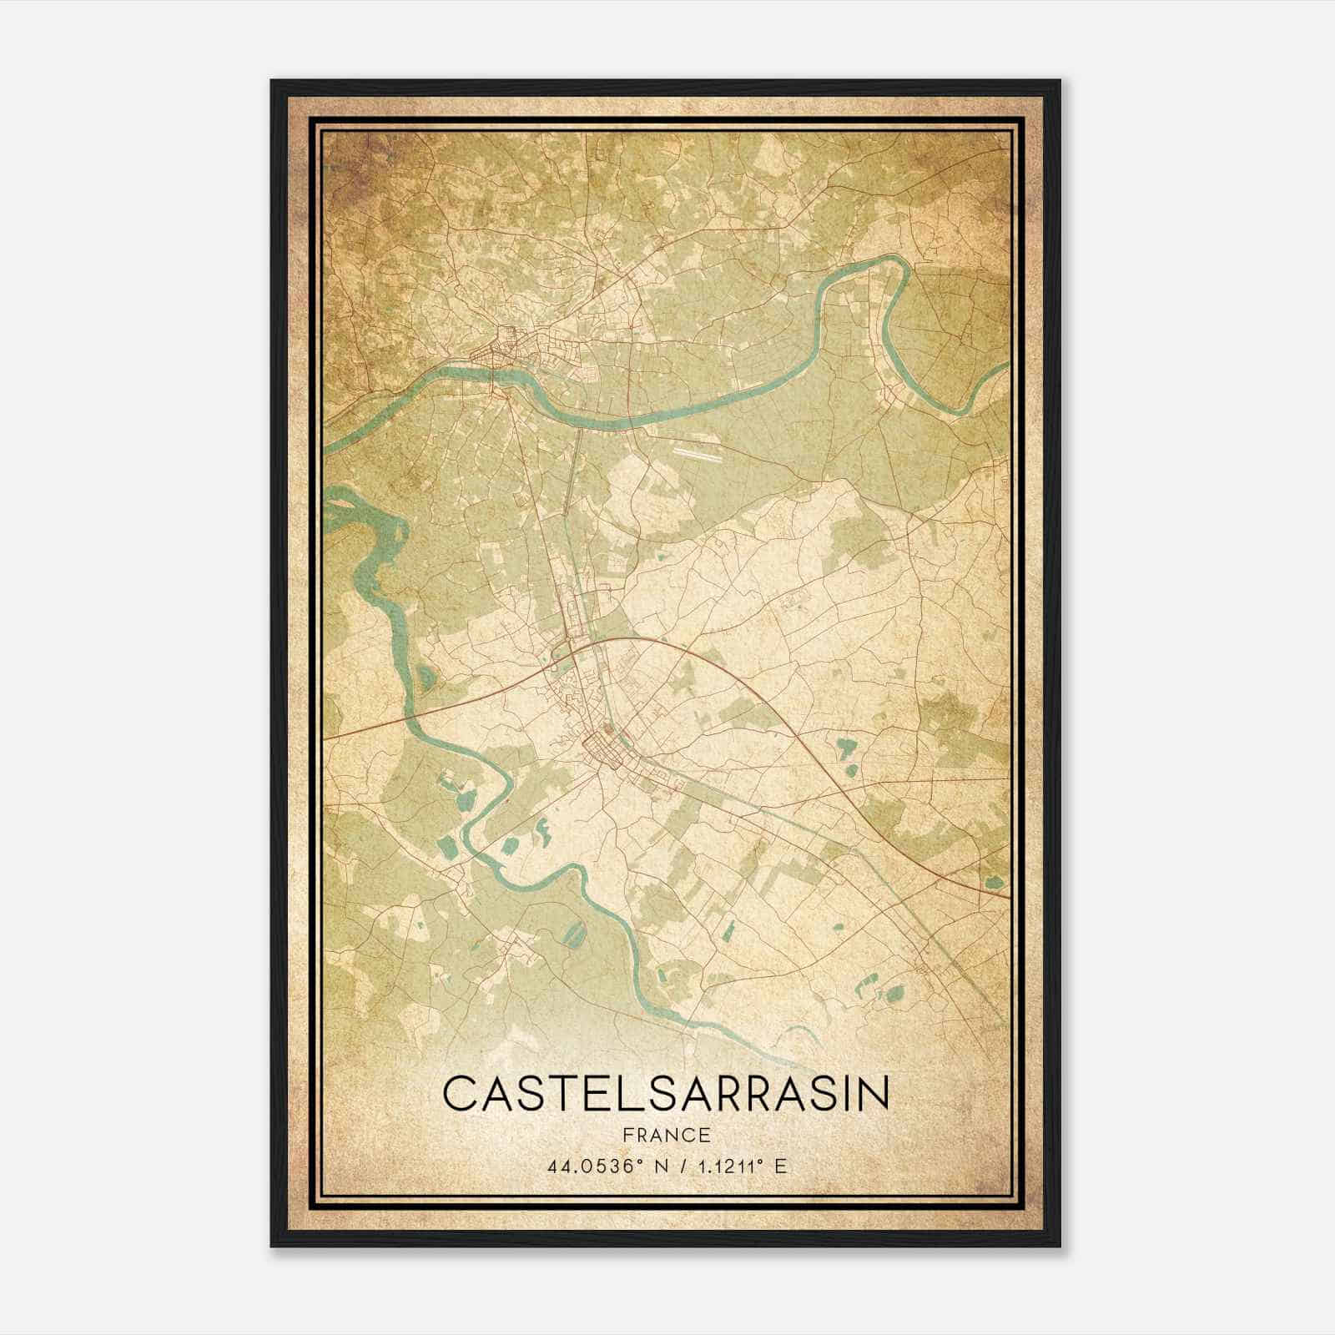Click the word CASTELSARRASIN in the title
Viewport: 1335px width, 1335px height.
[x=666, y=1094]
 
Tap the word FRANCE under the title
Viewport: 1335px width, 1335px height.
[x=666, y=1136]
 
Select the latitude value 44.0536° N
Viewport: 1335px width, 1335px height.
[x=600, y=1166]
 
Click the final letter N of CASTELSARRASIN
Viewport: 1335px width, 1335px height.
[x=872, y=1094]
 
